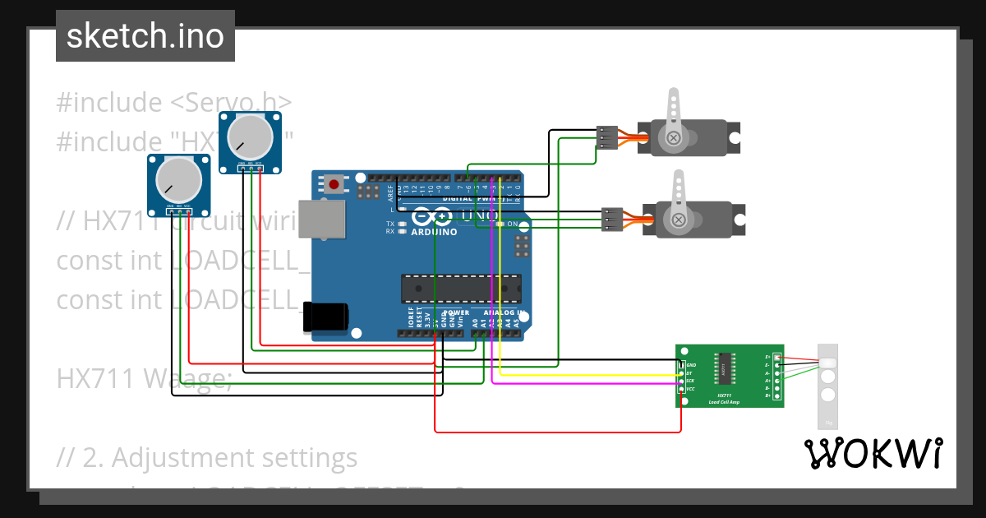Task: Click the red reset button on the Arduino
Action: click(x=334, y=184)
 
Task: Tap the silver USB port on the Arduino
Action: click(x=321, y=220)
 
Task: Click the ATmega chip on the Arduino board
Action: click(x=460, y=289)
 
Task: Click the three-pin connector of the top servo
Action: click(x=606, y=137)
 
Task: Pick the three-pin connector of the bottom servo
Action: click(x=612, y=220)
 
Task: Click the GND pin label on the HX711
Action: click(x=690, y=364)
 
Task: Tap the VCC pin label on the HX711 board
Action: click(x=690, y=389)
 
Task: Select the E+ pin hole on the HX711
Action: click(x=776, y=357)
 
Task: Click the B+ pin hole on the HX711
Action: click(x=776, y=395)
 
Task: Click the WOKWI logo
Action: click(x=873, y=453)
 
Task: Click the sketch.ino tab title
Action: click(x=145, y=36)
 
